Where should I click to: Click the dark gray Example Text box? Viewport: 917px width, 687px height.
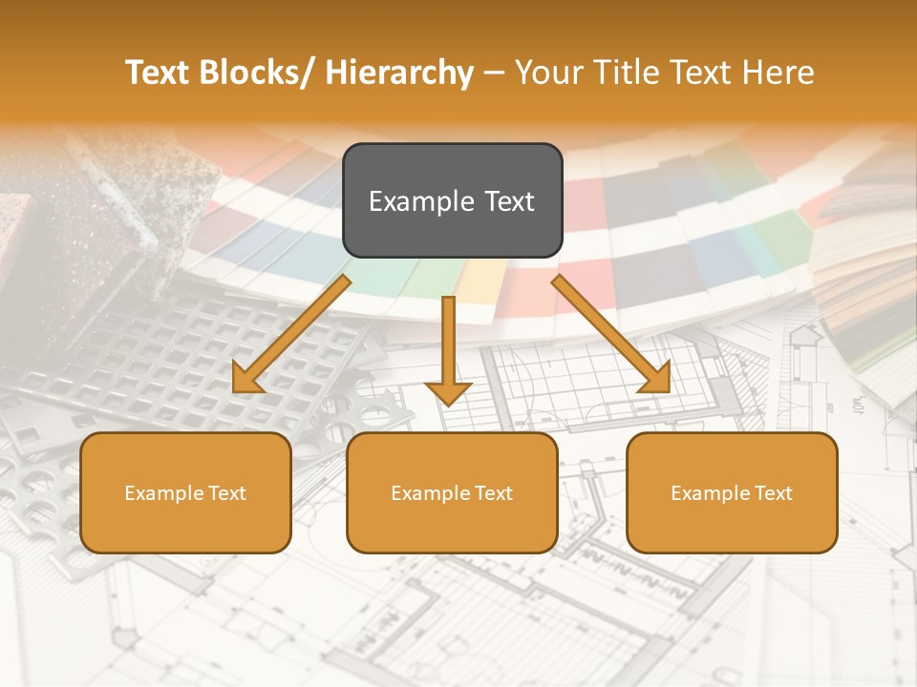[452, 200]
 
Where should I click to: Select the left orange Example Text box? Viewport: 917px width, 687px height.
[185, 492]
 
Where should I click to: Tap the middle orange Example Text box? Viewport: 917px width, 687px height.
[452, 492]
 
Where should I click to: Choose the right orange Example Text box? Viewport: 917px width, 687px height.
[732, 492]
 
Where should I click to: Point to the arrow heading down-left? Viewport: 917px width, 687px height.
[291, 334]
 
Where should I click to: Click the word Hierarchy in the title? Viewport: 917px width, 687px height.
[399, 73]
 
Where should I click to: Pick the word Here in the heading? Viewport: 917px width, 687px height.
[778, 73]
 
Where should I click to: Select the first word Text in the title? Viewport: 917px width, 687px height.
[158, 73]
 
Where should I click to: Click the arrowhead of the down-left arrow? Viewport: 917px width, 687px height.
[247, 379]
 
